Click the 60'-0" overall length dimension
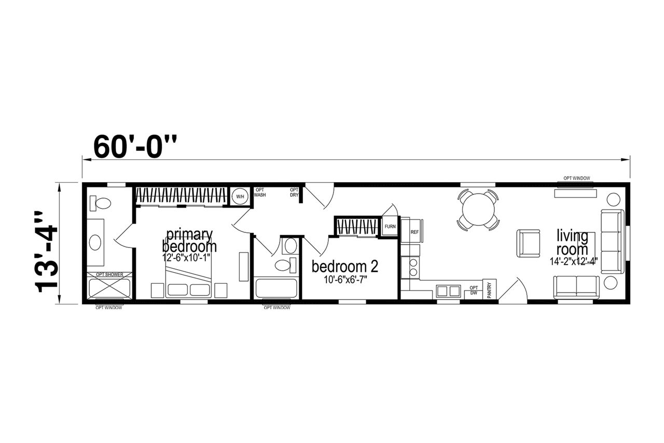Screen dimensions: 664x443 click(x=135, y=147)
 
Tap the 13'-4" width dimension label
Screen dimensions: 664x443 click(x=46, y=252)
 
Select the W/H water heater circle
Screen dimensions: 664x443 click(x=240, y=196)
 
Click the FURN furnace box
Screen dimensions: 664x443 click(x=390, y=226)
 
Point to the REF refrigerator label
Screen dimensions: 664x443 click(x=414, y=232)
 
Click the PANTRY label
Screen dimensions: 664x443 click(x=489, y=290)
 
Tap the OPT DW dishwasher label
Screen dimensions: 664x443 click(x=474, y=290)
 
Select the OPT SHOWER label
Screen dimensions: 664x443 click(x=109, y=274)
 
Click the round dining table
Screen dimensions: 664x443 click(x=478, y=210)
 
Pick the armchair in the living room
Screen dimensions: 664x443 click(x=528, y=243)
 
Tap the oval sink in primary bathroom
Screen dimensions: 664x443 click(x=95, y=243)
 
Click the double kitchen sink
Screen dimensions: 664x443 click(x=448, y=291)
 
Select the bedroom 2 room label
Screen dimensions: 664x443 click(x=345, y=266)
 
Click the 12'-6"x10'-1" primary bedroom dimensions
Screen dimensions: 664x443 click(x=186, y=257)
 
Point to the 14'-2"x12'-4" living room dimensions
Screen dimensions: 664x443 click(x=574, y=261)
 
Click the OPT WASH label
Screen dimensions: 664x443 click(x=260, y=192)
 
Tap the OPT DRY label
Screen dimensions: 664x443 click(x=294, y=192)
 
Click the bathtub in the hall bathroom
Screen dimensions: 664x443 click(x=276, y=288)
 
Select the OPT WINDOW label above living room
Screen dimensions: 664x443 click(x=577, y=178)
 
